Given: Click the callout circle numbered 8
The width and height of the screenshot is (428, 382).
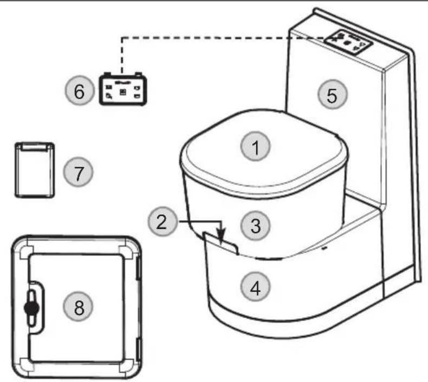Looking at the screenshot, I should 79,308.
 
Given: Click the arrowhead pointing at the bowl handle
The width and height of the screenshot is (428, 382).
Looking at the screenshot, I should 221,237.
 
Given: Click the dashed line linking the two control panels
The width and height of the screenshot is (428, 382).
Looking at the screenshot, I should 217,37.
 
